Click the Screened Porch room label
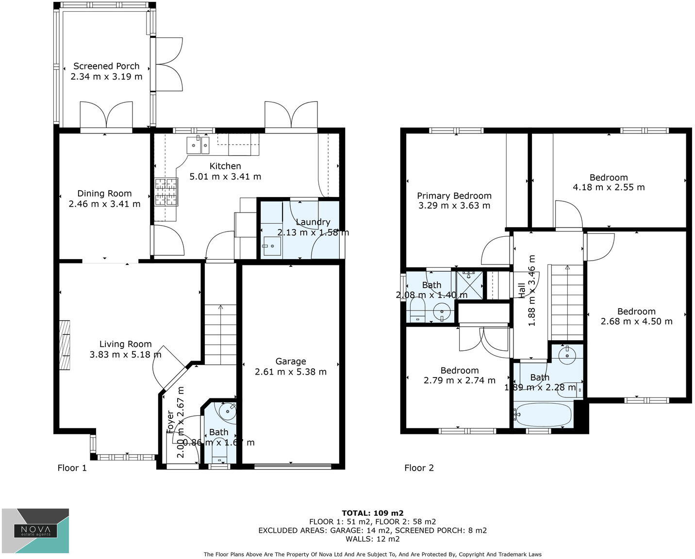point(106,66)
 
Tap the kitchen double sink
point(198,145)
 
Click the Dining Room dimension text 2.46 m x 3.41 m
point(104,204)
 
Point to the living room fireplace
point(65,345)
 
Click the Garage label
point(290,361)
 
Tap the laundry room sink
point(271,246)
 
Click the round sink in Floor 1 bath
point(227,411)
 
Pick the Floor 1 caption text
point(72,468)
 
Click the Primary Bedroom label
point(454,196)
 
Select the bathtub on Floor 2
point(544,415)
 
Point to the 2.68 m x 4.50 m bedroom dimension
point(636,321)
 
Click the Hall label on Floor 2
point(522,290)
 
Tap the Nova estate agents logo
point(35,531)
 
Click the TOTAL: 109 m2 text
point(372,513)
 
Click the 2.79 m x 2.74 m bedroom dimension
point(459,380)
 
